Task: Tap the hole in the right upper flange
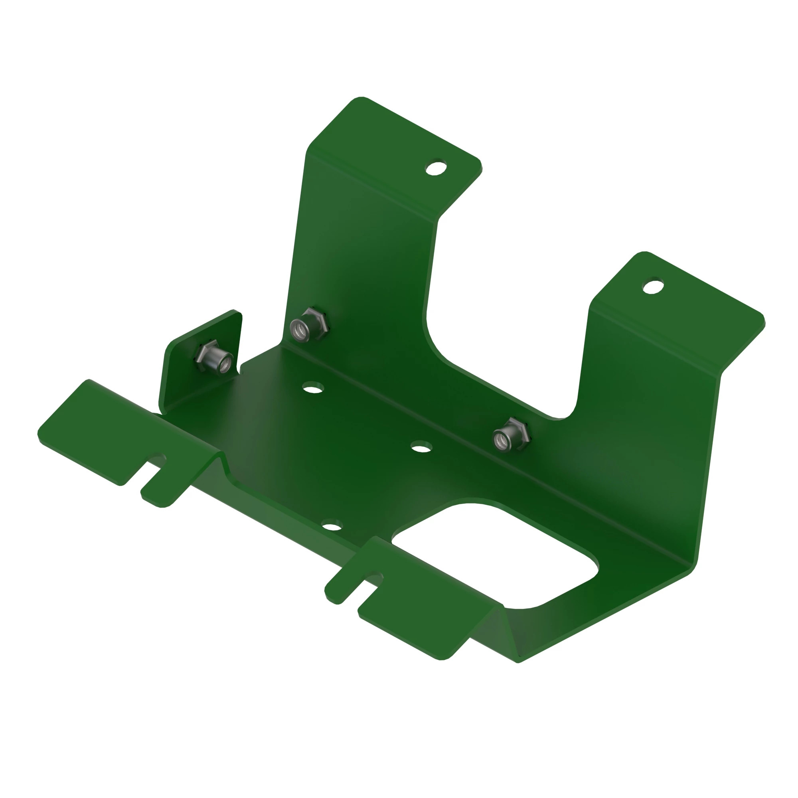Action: (654, 286)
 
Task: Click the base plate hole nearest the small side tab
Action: (313, 387)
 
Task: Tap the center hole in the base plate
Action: (421, 447)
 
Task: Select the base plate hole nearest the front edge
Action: (332, 527)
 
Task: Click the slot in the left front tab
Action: (151, 467)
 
